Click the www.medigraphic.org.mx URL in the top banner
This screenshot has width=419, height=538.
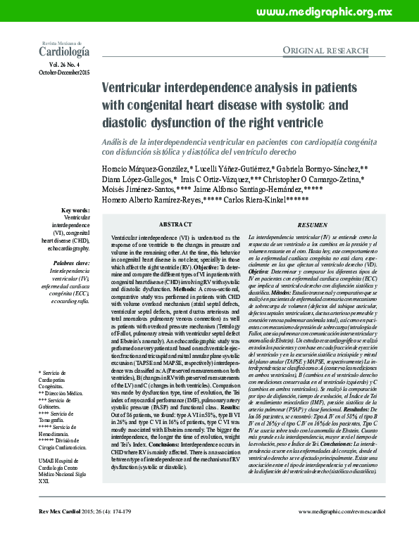[334, 13]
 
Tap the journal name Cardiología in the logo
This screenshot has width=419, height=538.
[64, 51]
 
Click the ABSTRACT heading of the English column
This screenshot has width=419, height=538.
[175, 224]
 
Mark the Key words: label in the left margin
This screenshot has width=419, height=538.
[76, 210]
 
